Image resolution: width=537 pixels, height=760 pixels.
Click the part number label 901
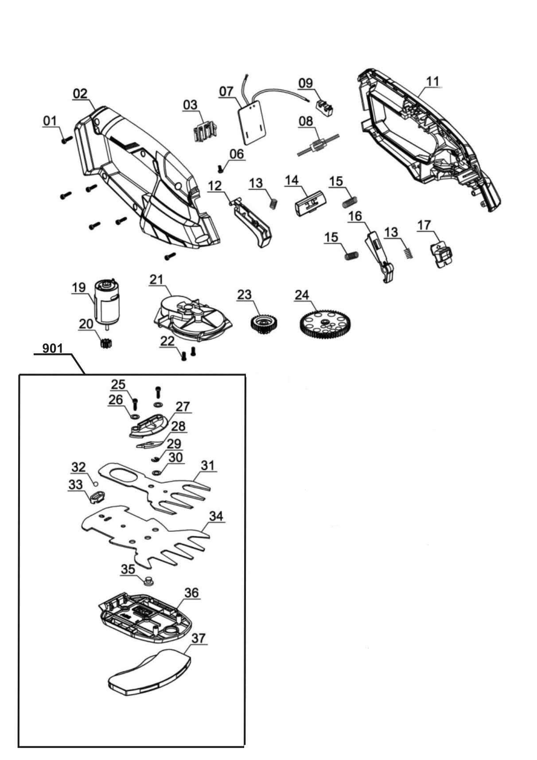pos(52,349)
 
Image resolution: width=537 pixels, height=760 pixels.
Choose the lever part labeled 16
pos(379,257)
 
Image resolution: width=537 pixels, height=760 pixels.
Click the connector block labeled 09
pos(324,108)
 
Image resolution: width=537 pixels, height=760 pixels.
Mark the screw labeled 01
pos(66,139)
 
